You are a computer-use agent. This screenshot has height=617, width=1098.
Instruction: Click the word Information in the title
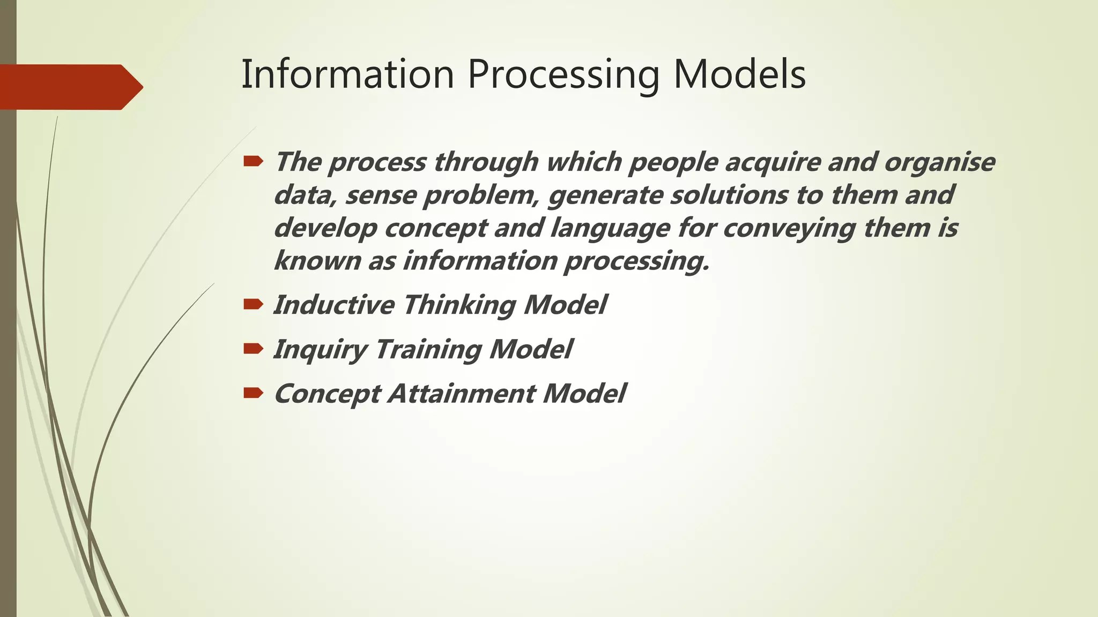point(347,74)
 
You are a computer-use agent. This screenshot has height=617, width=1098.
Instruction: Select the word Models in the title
point(739,74)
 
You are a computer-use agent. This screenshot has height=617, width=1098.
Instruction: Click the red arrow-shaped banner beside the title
point(70,87)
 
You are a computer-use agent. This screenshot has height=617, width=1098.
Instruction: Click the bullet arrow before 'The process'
point(253,161)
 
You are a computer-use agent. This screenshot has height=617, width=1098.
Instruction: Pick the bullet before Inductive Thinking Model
point(253,304)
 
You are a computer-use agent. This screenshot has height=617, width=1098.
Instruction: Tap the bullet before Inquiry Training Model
point(253,349)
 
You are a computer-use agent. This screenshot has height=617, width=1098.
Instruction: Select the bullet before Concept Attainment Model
point(253,393)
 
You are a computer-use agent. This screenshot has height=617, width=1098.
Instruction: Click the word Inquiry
point(320,350)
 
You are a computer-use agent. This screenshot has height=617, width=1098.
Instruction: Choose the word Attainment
point(461,393)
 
